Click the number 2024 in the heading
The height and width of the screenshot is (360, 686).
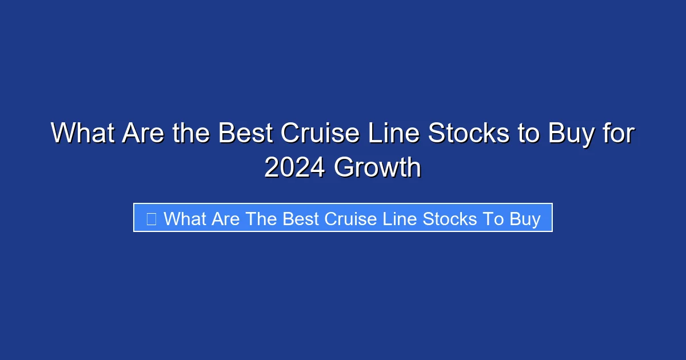click(295, 168)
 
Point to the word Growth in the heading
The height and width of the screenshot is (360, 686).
click(377, 168)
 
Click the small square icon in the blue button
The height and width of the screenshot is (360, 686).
click(151, 219)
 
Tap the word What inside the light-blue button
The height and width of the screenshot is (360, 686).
click(185, 219)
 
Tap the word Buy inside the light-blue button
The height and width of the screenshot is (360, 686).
click(525, 219)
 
